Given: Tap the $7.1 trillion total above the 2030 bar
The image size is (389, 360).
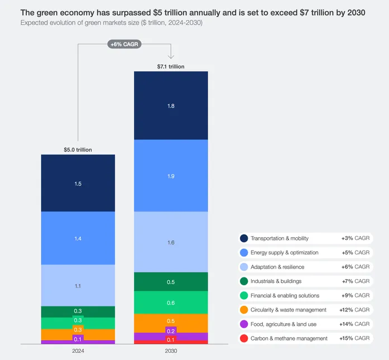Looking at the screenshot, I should coord(171,66).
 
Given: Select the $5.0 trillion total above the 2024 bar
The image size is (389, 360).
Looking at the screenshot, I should coord(78,150).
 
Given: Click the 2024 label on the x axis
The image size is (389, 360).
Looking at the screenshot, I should coord(78,352).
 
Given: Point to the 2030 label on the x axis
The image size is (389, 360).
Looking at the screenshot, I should coord(171,352).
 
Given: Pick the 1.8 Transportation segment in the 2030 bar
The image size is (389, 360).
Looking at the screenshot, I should coord(171,105).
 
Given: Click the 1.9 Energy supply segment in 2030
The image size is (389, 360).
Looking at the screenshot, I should coord(171,176).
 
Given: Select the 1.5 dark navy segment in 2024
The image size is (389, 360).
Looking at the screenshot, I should coord(78,183).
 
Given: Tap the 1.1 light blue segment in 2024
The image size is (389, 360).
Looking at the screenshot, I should coord(78,285).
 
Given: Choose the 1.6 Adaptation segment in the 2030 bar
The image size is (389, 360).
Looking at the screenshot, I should coord(171,242).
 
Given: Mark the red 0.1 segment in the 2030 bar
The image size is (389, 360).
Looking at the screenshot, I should coord(171,340).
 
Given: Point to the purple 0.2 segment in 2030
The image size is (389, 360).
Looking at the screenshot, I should coord(171,332).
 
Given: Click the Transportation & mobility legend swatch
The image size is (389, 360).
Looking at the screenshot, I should coord(244,238).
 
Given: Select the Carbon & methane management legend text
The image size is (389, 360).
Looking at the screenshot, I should coord(289,338).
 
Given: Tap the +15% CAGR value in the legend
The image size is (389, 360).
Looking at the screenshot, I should coord(356,338).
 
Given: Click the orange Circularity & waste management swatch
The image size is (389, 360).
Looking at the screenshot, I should coord(244,310).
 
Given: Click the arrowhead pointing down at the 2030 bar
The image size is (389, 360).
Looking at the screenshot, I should coord(171,56).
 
